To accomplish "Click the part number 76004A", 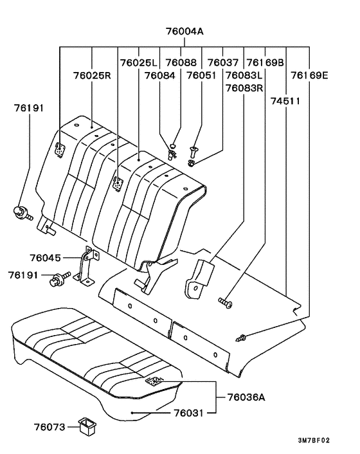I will pos(180,32).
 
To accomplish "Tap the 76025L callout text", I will pos(138,63).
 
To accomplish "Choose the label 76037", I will pos(223,63).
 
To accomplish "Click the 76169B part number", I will pos(265,63).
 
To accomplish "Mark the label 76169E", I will pos(309,75).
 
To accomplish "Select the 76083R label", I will pos(244,87).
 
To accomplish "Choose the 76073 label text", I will pos(50,426).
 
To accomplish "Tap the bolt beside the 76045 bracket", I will pos(62,278).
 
